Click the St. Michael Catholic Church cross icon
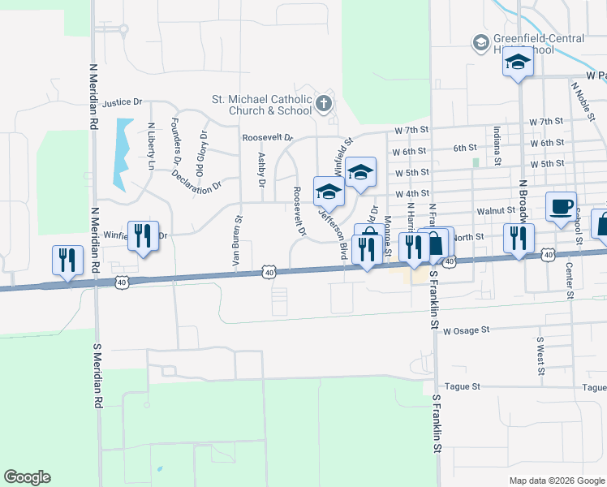tap(323, 102)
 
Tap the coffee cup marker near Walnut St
tap(561, 206)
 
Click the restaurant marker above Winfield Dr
tap(143, 235)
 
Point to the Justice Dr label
tap(122, 102)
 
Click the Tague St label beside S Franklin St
tap(460, 387)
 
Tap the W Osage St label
tap(467, 330)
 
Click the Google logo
tap(27, 477)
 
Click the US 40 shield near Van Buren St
tap(269, 273)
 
